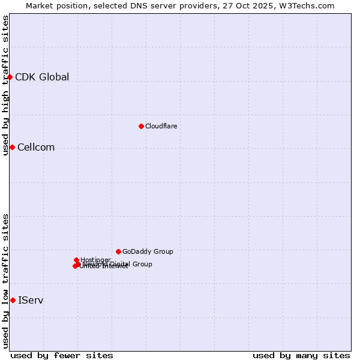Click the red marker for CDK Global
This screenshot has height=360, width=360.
coord(10,77)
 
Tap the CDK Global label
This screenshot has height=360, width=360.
coord(42,77)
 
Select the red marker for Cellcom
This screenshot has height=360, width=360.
coord(12,147)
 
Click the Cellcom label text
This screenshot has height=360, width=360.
coord(36,148)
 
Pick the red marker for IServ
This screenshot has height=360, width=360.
coord(13,300)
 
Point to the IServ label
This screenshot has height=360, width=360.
coord(31,300)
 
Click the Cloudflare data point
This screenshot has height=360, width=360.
coord(141,126)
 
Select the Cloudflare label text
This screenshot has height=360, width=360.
coord(161,126)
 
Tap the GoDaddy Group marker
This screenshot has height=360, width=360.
coord(118,251)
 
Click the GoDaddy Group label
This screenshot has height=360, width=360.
coord(148,251)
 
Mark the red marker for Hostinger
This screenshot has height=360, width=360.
coord(76,260)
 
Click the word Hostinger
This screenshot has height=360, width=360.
coord(96,260)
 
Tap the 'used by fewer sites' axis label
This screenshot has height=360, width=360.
coord(62,355)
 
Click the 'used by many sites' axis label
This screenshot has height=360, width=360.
coord(301,355)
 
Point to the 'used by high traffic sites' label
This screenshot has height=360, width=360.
coord(5,85)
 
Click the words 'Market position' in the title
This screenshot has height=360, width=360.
coord(53,5)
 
